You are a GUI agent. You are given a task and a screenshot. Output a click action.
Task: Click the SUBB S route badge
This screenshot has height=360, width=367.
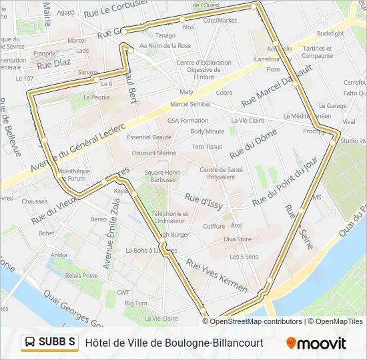click(x=49, y=343)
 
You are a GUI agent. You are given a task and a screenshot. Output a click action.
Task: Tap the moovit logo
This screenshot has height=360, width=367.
click(x=316, y=343)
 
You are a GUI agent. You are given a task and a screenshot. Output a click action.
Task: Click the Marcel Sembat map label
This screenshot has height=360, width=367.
click(x=190, y=104)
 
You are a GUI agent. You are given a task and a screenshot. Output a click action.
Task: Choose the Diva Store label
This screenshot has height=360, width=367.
click(x=237, y=239)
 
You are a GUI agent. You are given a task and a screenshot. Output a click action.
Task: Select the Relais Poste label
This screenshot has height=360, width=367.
click(x=81, y=275)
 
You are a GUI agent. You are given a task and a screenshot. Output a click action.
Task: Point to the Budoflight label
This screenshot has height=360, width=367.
click(x=330, y=33)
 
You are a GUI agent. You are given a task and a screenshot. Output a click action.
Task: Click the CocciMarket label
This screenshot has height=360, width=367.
click(x=220, y=20)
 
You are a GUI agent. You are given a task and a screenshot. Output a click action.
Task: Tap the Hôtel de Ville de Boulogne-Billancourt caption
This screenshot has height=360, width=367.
click(x=174, y=343)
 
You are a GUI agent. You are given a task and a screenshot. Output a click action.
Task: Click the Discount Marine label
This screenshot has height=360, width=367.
click(x=154, y=153)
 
